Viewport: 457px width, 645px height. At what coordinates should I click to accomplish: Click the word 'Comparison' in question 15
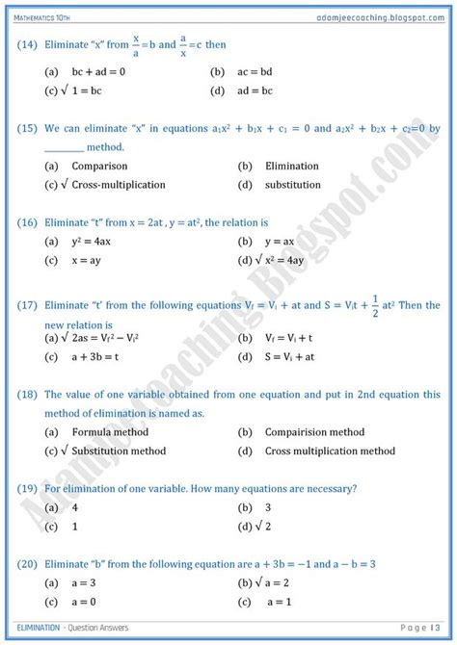100,166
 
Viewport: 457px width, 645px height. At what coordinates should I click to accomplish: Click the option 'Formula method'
111,432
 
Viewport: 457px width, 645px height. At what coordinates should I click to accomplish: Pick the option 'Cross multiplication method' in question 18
330,451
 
